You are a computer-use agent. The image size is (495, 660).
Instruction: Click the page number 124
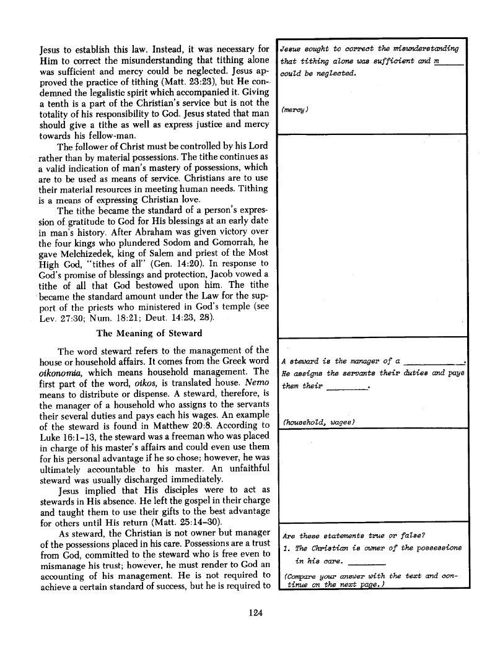click(255, 613)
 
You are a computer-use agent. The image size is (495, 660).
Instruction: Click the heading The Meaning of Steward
click(149, 334)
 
